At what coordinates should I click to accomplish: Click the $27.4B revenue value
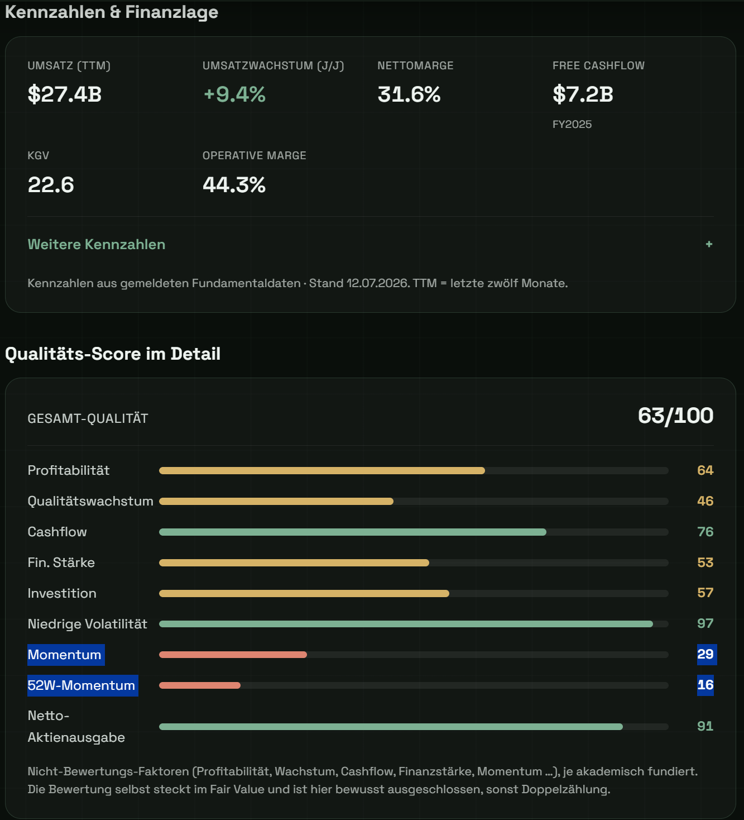pyautogui.click(x=65, y=94)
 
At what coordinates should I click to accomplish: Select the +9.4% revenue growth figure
pyautogui.click(x=234, y=94)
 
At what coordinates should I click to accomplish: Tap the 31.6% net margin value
pyautogui.click(x=409, y=94)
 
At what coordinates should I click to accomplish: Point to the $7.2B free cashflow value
pyautogui.click(x=583, y=94)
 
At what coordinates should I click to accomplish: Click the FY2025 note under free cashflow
pyautogui.click(x=572, y=124)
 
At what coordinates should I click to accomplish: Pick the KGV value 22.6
pyautogui.click(x=51, y=184)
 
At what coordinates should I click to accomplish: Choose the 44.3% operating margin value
pyautogui.click(x=234, y=184)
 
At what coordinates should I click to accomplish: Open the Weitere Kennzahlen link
pyautogui.click(x=97, y=244)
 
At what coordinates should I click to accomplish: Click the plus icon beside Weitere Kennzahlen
pyautogui.click(x=709, y=244)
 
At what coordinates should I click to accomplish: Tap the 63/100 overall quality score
pyautogui.click(x=675, y=416)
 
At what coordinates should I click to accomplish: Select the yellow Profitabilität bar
pyautogui.click(x=322, y=470)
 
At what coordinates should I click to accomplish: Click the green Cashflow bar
pyautogui.click(x=353, y=532)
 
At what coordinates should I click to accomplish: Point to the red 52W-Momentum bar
pyautogui.click(x=200, y=685)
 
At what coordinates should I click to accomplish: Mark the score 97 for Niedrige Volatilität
pyautogui.click(x=705, y=623)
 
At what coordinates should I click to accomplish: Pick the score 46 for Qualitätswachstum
pyautogui.click(x=705, y=500)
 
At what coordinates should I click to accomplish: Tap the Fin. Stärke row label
pyautogui.click(x=61, y=562)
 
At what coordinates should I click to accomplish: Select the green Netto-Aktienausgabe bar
pyautogui.click(x=391, y=726)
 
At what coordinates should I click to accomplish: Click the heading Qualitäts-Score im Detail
pyautogui.click(x=113, y=354)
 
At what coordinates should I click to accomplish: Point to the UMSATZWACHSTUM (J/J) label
pyautogui.click(x=273, y=65)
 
